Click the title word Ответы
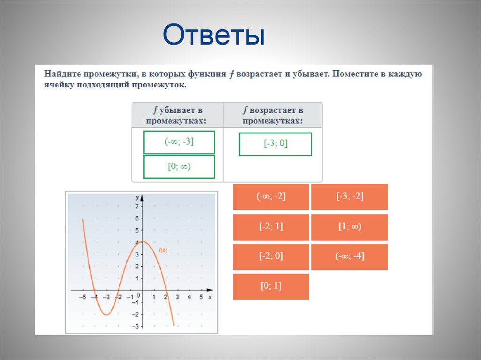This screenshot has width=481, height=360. [214, 35]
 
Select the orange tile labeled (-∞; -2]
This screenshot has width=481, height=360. [271, 197]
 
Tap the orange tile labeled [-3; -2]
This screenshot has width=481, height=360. [349, 197]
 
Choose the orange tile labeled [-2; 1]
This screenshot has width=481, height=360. [271, 227]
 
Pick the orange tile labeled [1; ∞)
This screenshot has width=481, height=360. [349, 227]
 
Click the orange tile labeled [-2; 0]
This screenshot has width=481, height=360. [271, 257]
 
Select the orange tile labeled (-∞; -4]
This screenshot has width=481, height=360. [349, 257]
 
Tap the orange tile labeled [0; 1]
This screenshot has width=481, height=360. [271, 287]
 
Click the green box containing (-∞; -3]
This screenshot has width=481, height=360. [179, 142]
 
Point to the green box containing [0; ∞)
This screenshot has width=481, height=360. [179, 167]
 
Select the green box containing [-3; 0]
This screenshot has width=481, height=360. [275, 144]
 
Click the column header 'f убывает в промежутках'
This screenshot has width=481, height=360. [177, 115]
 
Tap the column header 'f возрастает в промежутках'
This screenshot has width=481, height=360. [273, 115]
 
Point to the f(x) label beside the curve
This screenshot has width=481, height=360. [163, 250]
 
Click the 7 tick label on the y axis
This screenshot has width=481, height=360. [137, 206]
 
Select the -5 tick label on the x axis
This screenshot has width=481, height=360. [82, 297]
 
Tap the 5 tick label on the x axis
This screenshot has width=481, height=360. [201, 297]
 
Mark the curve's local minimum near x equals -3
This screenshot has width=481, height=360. [107, 314]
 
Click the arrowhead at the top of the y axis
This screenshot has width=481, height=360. [142, 197]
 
